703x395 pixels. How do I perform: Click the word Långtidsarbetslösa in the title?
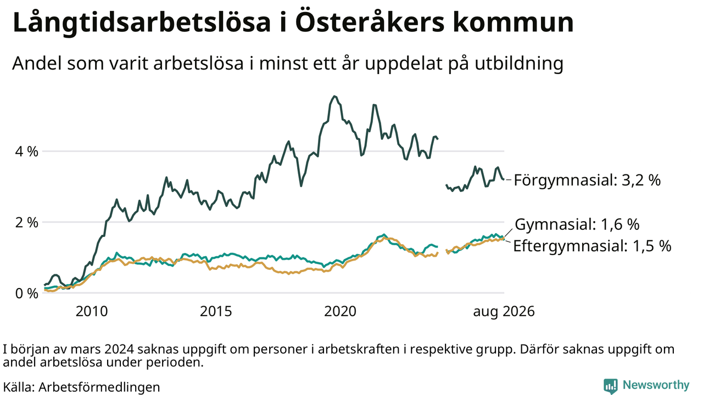coord(142,23)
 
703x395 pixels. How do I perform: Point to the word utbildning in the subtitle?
coord(519,64)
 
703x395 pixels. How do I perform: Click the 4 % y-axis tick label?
coord(26,152)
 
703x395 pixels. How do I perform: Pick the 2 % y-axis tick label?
coord(26,223)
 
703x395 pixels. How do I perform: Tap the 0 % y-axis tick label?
coord(26,294)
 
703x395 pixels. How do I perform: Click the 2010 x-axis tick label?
coord(92,312)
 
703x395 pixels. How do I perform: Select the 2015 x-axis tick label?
coord(216,312)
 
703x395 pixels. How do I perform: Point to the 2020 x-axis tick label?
coord(340,312)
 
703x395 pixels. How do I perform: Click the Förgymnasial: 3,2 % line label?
coord(587,180)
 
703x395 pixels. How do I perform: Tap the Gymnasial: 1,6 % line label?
coord(577,224)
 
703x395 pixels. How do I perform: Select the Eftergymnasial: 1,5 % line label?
coord(592,246)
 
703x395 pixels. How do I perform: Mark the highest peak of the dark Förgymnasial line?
coord(334,96)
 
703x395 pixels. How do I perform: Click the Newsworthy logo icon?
coord(610,386)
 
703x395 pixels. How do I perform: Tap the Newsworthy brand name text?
coord(656,385)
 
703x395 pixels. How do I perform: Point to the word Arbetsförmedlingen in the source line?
coord(99,387)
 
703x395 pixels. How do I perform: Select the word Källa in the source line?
coord(19,387)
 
